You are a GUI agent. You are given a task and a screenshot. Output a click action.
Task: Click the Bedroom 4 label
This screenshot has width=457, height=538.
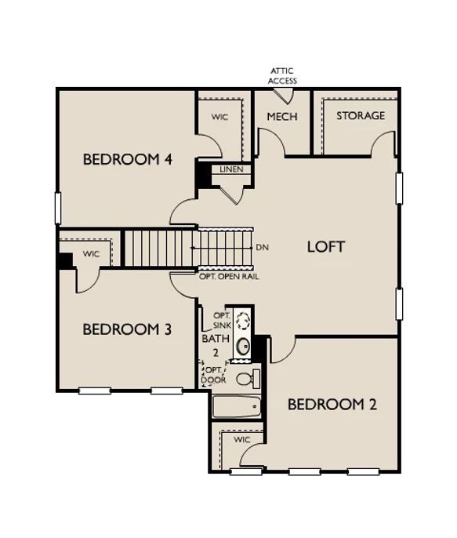(128, 159)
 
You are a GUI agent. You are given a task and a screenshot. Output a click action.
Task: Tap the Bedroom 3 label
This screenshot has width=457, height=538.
(127, 329)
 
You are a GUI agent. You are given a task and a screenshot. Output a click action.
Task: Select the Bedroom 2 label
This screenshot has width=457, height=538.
(332, 405)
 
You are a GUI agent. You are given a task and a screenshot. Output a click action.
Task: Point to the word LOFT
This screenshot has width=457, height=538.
(325, 247)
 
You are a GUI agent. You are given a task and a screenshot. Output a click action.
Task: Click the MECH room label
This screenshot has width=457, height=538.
(282, 117)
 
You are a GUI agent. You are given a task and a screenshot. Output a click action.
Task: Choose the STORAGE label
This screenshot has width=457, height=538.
(361, 115)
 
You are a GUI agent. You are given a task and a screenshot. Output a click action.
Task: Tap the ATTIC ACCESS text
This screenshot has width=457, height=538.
(282, 76)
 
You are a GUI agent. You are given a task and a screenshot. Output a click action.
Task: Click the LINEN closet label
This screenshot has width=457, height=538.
(231, 169)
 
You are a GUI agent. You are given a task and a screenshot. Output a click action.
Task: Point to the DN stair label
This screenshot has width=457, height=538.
(263, 247)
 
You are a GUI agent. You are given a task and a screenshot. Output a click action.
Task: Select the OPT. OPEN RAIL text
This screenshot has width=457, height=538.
(229, 277)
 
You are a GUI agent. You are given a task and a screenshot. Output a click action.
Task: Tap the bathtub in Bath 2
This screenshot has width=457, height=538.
(237, 407)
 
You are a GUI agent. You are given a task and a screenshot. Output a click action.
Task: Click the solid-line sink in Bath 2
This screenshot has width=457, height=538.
(244, 347)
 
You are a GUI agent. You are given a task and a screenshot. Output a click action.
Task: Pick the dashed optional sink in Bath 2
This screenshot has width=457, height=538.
(244, 320)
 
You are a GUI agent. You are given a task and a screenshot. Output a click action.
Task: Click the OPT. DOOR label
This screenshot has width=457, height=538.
(215, 375)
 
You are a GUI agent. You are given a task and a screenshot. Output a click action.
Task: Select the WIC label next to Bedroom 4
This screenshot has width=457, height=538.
(219, 117)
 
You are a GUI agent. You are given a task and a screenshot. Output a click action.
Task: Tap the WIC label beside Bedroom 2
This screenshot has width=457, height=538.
(242, 439)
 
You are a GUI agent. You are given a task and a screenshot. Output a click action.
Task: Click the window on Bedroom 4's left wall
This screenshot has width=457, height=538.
(58, 209)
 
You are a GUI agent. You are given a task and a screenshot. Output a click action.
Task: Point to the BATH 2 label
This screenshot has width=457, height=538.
(216, 346)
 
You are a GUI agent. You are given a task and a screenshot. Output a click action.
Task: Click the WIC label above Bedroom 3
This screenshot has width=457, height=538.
(91, 254)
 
